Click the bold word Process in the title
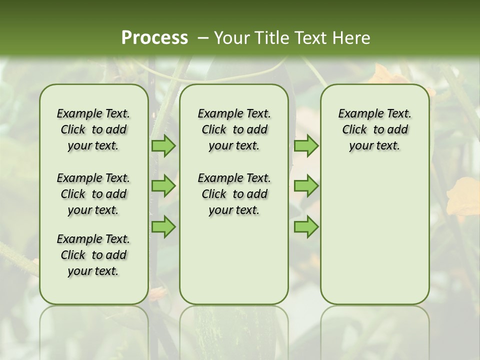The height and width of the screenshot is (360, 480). [x=154, y=38]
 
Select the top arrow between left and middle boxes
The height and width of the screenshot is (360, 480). [x=163, y=145]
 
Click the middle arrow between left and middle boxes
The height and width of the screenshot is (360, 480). [x=163, y=186]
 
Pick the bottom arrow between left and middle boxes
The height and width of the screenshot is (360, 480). [x=163, y=227]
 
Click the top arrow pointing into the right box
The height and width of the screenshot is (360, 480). [x=306, y=145]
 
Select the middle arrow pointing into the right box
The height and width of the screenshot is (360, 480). [x=306, y=186]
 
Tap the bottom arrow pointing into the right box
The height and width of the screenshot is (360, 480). [x=306, y=227]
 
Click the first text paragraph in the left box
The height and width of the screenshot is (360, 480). [x=93, y=129]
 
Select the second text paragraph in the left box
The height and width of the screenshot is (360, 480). [x=93, y=194]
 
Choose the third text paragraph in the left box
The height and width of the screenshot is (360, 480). [x=93, y=255]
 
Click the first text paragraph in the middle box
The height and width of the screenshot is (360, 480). [x=234, y=129]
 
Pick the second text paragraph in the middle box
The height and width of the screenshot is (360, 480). [x=234, y=194]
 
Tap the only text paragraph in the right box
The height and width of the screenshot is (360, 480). [x=374, y=129]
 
